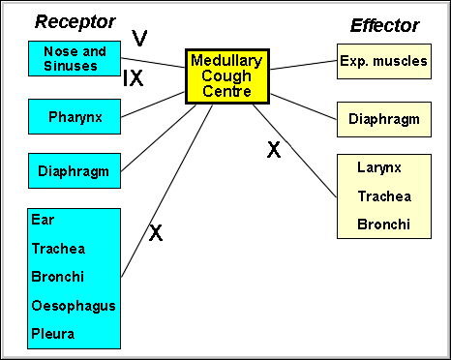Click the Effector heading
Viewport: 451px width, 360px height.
coord(386,25)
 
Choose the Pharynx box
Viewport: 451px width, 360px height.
coord(75,117)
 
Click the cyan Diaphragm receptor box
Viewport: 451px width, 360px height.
coord(75,171)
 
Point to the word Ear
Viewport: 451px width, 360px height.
coord(42,220)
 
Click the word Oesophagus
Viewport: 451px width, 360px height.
coord(74,306)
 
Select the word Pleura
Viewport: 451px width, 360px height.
coord(52,334)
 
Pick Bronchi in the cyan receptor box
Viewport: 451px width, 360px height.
coord(56,277)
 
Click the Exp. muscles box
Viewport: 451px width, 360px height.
coord(383,61)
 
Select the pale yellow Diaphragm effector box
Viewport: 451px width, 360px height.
coord(383,119)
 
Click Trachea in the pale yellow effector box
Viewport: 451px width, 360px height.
coord(384,196)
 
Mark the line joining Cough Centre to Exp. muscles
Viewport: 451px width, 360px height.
coord(302,64)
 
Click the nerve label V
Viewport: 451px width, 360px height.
coord(139,38)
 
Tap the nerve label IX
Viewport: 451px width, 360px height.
coord(134,78)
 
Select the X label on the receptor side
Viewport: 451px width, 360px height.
coord(155,233)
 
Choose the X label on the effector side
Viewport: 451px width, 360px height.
coord(273,149)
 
